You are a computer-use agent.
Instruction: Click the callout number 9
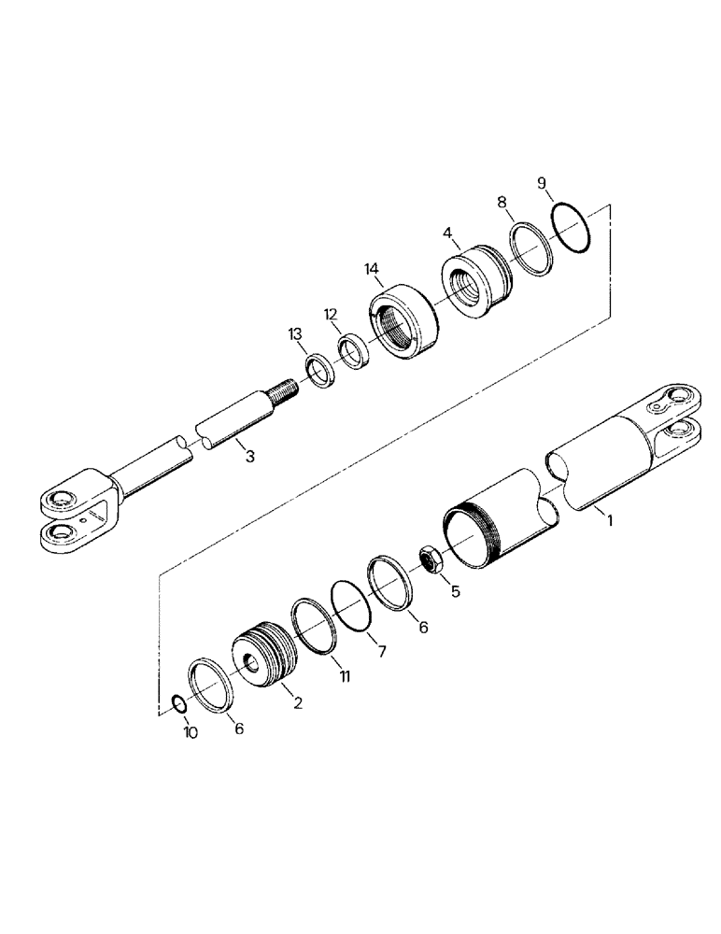click(x=542, y=181)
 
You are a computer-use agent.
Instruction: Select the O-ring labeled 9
click(x=570, y=228)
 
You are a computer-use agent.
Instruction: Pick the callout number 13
click(x=296, y=334)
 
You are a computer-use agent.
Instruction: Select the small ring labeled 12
click(x=353, y=352)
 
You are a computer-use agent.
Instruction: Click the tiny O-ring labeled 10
click(x=177, y=703)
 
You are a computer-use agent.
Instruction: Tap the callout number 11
click(x=345, y=674)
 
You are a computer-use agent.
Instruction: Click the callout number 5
click(x=456, y=590)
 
